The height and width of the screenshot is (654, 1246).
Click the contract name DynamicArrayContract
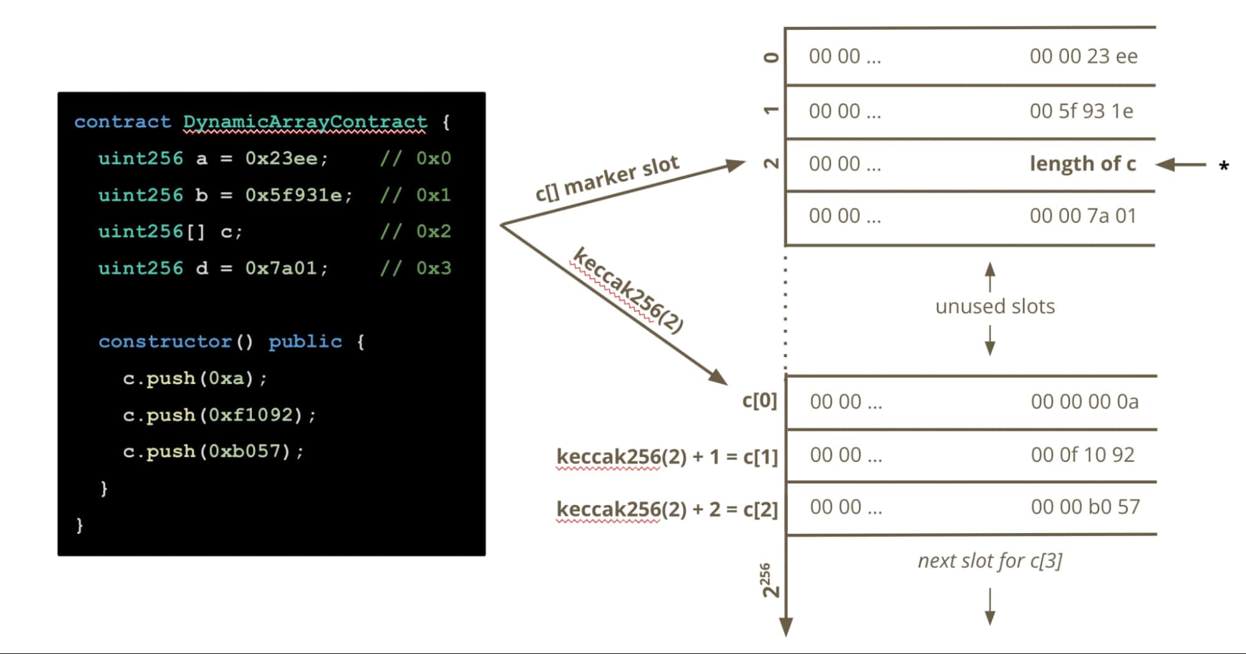coord(305,122)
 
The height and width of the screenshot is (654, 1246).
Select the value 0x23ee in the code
coord(281,158)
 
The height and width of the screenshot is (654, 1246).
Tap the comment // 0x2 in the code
coord(415,231)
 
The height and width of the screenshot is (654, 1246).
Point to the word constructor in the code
coord(165,342)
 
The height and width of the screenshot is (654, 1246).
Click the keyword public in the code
coord(305,342)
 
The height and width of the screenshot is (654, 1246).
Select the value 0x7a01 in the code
coord(281,268)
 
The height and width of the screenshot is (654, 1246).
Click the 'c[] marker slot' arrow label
coord(607,179)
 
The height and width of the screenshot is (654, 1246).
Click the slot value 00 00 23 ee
coord(1083,56)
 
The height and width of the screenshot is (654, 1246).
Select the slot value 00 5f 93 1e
coord(1081,111)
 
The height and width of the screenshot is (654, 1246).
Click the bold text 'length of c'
coord(1083,163)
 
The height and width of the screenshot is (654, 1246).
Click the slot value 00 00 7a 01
coord(1083,216)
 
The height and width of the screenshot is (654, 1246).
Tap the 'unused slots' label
coord(995,306)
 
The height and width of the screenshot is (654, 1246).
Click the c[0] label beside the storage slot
coord(759,400)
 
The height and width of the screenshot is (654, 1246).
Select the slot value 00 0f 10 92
coord(1083,454)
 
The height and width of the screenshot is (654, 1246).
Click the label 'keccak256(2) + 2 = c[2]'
coord(667,509)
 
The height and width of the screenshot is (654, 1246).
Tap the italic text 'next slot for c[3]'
coord(990,560)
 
